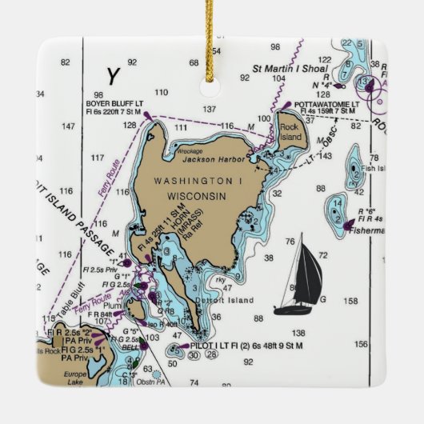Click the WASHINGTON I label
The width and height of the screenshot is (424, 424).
coord(198,181)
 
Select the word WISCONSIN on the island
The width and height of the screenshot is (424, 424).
coord(197,195)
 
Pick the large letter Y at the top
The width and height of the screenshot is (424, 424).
coord(114,76)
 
